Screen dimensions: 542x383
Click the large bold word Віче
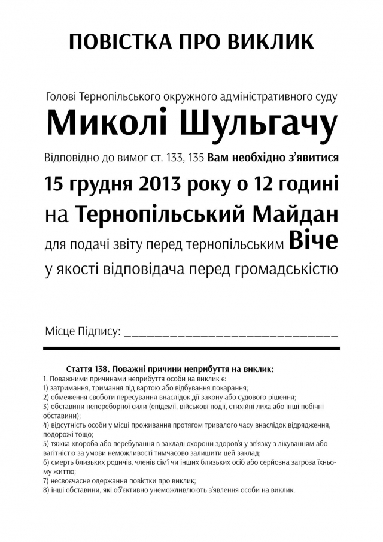click(314, 241)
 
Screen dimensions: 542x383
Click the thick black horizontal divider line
click(191, 348)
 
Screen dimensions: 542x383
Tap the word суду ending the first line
click(326, 96)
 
